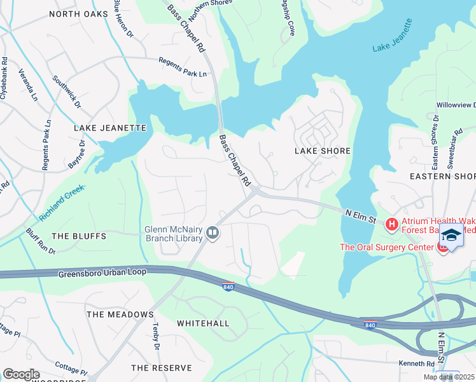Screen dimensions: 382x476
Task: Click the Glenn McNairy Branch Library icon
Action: coord(213,234)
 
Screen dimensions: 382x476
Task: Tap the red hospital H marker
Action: coord(391,223)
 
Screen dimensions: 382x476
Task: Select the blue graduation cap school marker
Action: coord(451,236)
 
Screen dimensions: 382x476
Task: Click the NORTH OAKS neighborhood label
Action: coord(78,13)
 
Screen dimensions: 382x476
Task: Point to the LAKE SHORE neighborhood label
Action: coord(323,151)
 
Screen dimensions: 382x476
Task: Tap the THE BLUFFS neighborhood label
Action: coord(78,236)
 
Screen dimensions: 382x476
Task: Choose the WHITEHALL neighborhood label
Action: coord(202,323)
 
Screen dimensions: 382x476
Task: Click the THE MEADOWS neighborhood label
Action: coord(120,315)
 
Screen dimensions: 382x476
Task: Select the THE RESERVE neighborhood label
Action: coord(161,368)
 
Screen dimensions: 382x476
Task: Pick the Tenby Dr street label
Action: coord(155,336)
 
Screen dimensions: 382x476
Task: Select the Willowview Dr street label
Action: coord(455,104)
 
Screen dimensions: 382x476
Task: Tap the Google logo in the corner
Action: coord(21,374)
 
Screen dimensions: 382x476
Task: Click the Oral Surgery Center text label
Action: coord(386,247)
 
